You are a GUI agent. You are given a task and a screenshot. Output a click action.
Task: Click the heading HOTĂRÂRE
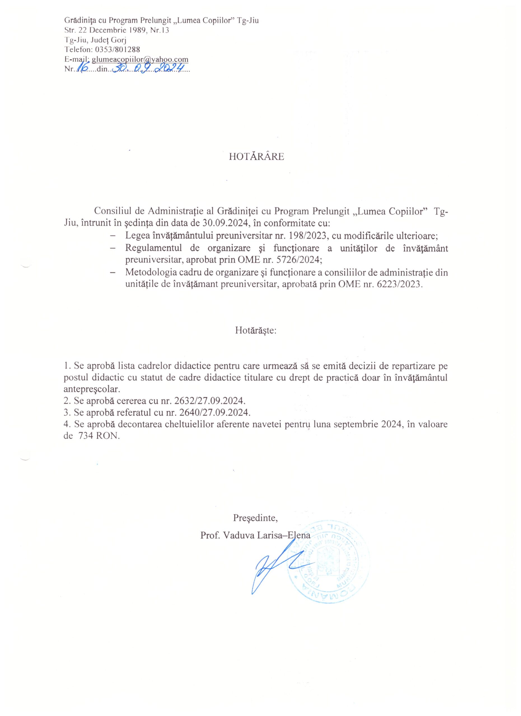click(x=256, y=157)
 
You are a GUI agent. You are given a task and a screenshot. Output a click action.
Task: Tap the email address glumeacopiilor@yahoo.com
click(x=140, y=59)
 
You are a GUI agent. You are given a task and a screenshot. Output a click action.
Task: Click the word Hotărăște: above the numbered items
click(x=256, y=331)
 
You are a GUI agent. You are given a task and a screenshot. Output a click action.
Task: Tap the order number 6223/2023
click(x=399, y=284)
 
